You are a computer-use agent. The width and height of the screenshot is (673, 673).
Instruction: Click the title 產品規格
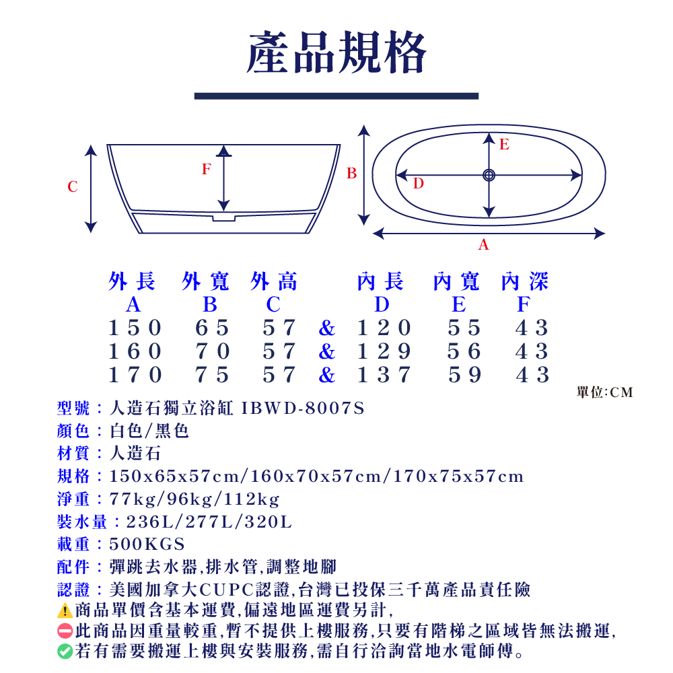pyautogui.click(x=336, y=54)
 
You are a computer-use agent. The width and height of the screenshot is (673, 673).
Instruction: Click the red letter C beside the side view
pyautogui.click(x=73, y=187)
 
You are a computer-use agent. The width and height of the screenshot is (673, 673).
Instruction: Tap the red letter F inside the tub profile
pyautogui.click(x=206, y=170)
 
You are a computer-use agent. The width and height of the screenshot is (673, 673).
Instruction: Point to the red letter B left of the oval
pyautogui.click(x=351, y=174)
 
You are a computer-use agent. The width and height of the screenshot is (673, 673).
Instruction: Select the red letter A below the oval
pyautogui.click(x=483, y=246)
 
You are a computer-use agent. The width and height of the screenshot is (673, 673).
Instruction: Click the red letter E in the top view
pyautogui.click(x=504, y=144)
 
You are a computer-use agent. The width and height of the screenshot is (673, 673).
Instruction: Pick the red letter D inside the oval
pyautogui.click(x=418, y=183)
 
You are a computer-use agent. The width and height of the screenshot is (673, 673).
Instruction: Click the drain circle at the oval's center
pyautogui.click(x=489, y=175)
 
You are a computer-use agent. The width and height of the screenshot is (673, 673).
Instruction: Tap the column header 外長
pyautogui.click(x=133, y=282)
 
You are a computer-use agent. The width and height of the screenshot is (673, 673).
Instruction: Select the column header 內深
pyautogui.click(x=524, y=282)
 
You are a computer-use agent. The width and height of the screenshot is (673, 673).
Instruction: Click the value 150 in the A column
pyautogui.click(x=135, y=328)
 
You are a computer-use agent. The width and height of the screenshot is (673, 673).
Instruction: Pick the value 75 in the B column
pyautogui.click(x=213, y=375)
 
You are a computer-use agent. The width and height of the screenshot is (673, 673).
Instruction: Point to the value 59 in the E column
pyautogui.click(x=465, y=375)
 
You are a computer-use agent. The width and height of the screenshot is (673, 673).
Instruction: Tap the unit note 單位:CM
pyautogui.click(x=605, y=392)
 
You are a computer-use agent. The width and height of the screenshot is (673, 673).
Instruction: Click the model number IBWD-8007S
pyautogui.click(x=302, y=408)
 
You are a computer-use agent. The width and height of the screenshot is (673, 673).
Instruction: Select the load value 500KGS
pyautogui.click(x=147, y=544)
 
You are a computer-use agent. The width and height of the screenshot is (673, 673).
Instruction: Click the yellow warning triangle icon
pyautogui.click(x=65, y=611)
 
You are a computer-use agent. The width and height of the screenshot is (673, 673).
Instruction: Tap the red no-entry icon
pyautogui.click(x=65, y=631)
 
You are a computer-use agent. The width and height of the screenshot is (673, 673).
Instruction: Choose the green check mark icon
pyautogui.click(x=65, y=651)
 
